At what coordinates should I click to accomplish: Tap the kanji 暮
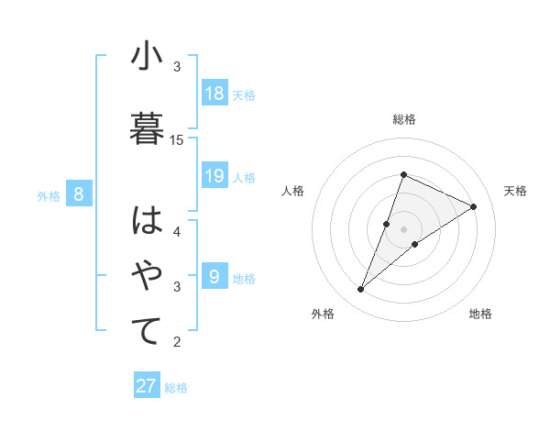(147, 126)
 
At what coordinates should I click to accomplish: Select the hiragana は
(147, 221)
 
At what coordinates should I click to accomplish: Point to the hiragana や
(147, 276)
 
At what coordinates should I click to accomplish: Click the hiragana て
(147, 331)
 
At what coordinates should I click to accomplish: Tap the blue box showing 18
(214, 94)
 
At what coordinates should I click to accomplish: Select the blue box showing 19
(214, 176)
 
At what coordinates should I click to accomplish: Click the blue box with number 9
(214, 276)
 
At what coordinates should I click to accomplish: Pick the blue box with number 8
(79, 193)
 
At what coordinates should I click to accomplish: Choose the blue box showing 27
(147, 386)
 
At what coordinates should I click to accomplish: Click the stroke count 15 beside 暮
(177, 139)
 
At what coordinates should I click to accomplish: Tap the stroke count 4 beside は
(177, 231)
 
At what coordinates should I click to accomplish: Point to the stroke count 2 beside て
(177, 342)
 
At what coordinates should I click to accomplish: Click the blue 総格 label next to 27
(176, 388)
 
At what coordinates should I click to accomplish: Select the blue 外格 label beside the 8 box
(49, 195)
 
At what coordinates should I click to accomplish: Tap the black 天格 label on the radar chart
(515, 191)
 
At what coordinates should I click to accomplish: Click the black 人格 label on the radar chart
(292, 191)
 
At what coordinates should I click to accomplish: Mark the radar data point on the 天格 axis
(474, 207)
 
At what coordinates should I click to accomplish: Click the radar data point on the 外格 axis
(360, 290)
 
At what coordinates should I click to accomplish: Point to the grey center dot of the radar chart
(403, 229)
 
